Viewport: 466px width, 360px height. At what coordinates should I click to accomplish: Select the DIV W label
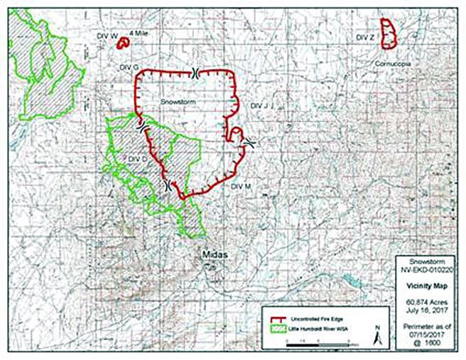[105, 35]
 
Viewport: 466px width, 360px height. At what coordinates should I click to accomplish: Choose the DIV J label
[261, 105]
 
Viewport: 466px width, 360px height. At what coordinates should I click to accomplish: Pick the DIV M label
[242, 186]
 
